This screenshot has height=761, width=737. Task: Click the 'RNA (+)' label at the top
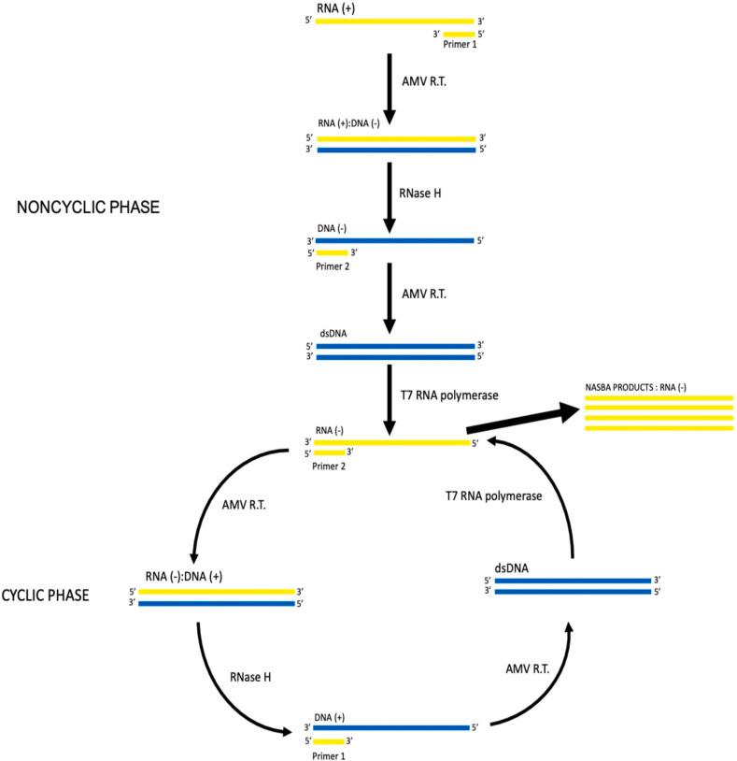point(334,7)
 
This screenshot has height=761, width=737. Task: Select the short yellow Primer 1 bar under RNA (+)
point(460,35)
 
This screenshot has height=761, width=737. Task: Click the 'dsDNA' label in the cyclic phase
point(513,567)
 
